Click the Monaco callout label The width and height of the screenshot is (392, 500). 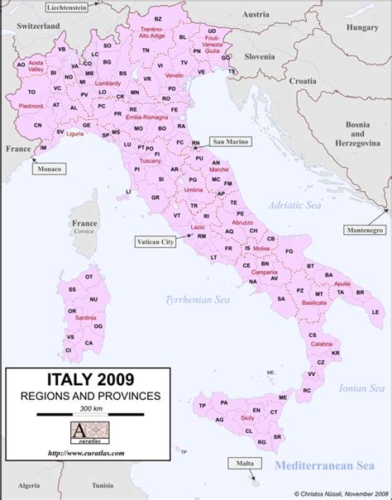click(x=47, y=169)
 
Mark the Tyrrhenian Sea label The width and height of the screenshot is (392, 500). click(x=198, y=300)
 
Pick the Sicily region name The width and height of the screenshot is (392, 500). click(x=247, y=419)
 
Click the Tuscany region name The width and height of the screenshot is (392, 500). click(x=151, y=160)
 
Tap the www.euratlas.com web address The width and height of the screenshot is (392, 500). click(x=86, y=453)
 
